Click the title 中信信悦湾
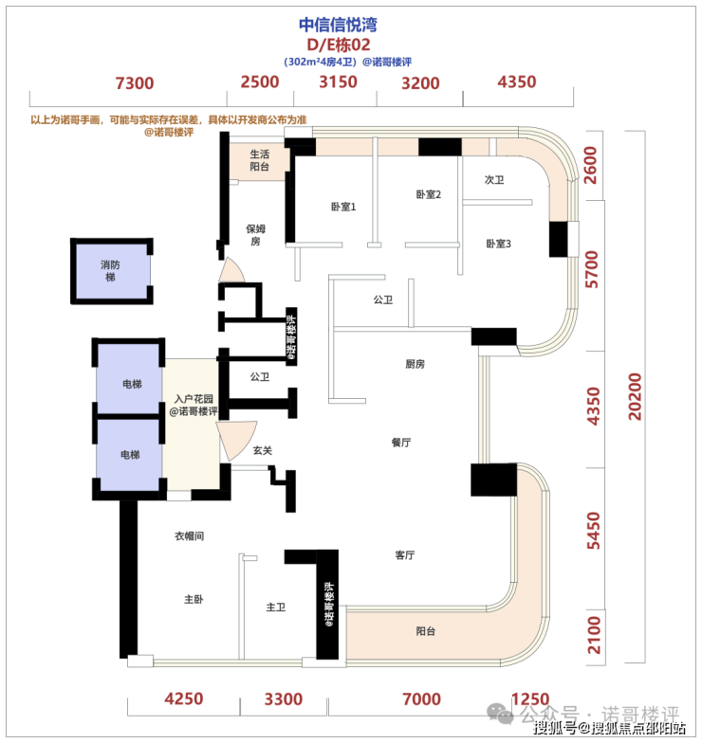coord(338,25)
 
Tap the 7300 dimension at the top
coord(135,83)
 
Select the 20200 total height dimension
coord(635,396)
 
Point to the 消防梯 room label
coord(110,271)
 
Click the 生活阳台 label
coord(260,160)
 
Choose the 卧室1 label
coord(343,207)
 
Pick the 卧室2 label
coord(429,194)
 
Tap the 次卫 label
coord(493,180)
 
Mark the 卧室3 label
coord(499,244)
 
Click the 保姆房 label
coord(256,235)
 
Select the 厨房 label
coord(416,364)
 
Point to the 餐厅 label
coord(401,443)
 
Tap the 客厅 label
coord(404,555)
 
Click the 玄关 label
coord(262,450)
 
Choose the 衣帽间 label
coord(190,536)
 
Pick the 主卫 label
coord(275,607)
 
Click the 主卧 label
coord(194,599)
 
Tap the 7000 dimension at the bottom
coord(421,699)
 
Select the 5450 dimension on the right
coord(594,531)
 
